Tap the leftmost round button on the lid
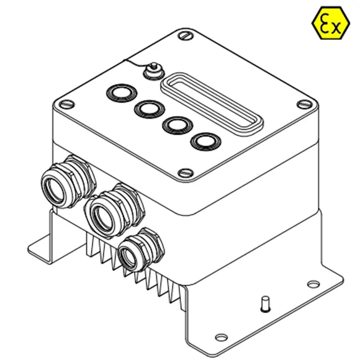point(122,94)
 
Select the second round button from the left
point(148,109)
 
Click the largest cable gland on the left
point(65,184)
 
